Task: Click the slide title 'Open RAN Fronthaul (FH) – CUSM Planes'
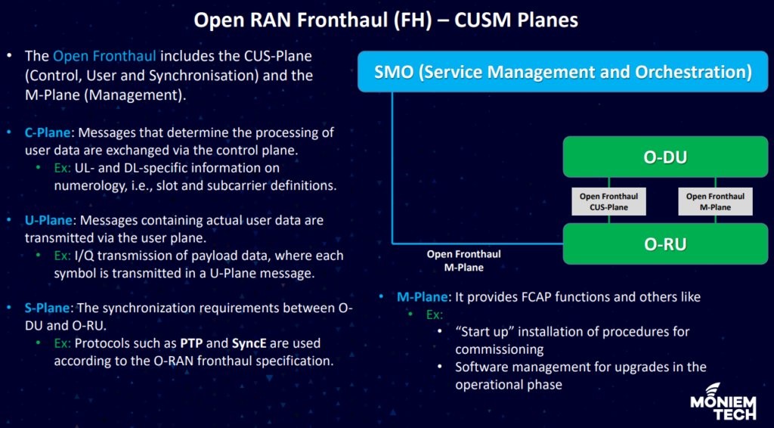[385, 20]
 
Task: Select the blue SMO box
[562, 72]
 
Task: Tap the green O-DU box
[665, 157]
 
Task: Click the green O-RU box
[665, 243]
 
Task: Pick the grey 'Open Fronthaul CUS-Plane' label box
[608, 201]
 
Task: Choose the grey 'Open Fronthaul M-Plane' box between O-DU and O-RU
[715, 201]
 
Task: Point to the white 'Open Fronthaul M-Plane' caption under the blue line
[463, 261]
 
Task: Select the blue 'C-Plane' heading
[48, 132]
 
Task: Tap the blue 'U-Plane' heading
[48, 220]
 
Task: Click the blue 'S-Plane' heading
[48, 308]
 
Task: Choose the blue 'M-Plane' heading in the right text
[423, 297]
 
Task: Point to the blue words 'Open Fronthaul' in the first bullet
[104, 56]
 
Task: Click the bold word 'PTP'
[190, 343]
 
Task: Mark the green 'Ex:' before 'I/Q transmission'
[63, 256]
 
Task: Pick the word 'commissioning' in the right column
[500, 350]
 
